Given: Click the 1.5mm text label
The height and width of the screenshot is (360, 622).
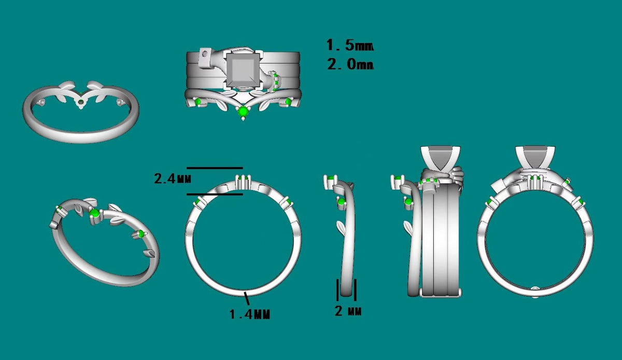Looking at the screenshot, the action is point(350,45).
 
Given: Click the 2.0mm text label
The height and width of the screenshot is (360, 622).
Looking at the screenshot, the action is point(350,64).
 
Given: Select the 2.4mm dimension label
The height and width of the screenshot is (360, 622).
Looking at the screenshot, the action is point(173,178).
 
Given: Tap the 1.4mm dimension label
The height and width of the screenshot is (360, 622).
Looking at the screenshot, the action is point(250,314).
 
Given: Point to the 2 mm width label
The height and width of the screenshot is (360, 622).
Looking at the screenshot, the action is point(348,311).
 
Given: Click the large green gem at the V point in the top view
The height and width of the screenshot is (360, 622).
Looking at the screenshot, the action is point(244,111).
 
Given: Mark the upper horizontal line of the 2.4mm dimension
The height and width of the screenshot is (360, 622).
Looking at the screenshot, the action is point(215,168).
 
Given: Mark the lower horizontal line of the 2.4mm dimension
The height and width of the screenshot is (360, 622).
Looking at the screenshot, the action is point(215,195).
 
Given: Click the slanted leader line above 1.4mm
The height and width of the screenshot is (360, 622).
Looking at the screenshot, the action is point(247,298).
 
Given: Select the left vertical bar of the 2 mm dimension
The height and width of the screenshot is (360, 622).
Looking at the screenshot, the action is point(337,289).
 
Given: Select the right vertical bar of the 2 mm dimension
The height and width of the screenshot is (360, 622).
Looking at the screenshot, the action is point(355,289).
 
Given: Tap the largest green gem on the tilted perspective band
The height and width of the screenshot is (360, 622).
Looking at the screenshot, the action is point(94,214).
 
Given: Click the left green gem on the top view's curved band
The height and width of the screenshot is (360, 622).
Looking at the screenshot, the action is point(198,102).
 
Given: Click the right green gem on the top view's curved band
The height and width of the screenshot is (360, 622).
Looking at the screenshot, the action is point(288,102).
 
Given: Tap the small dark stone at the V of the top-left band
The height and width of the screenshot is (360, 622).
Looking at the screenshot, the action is point(80,102).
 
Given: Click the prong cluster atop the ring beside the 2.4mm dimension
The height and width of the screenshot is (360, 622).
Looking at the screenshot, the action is point(244,181).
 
